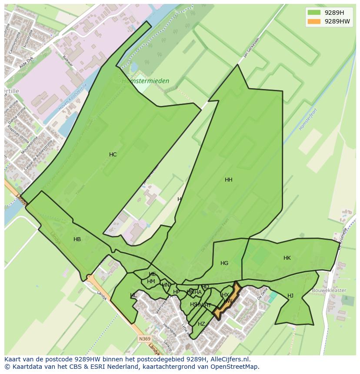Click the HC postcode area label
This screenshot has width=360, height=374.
pos(113,155)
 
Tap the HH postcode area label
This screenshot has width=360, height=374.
pos(228,180)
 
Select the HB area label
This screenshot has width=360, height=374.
pos(77,239)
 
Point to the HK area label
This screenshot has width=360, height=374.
pos(287,258)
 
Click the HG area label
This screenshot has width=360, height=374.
pos(224,263)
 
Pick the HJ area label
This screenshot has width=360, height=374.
pos(290,296)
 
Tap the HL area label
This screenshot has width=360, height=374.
pos(133,296)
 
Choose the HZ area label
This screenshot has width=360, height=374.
pos(201,324)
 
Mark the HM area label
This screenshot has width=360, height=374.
pos(151,281)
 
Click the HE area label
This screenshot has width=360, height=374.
pos(152,274)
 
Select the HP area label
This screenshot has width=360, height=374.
pos(176,292)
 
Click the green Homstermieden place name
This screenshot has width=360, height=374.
pos(145,81)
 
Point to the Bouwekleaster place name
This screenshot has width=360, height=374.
pos(329,290)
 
